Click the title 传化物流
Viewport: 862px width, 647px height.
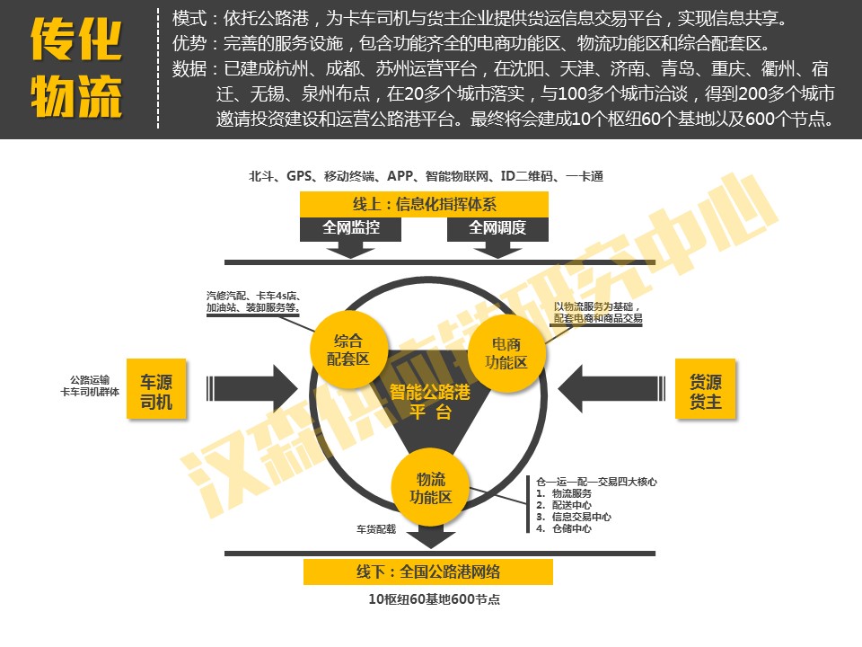(76, 68)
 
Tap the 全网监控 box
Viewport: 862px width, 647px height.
(350, 228)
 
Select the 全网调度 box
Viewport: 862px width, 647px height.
(497, 228)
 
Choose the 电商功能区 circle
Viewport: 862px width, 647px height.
(505, 353)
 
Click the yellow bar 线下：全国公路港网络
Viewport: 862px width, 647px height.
(427, 572)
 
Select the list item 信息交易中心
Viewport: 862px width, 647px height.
(580, 517)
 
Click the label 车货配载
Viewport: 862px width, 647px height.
(375, 529)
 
